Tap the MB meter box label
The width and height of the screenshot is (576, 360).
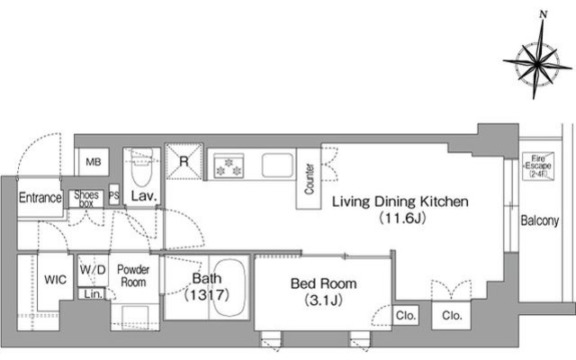coord(94,162)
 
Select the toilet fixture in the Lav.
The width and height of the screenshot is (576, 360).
coord(142,167)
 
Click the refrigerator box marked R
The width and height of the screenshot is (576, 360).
coord(184,161)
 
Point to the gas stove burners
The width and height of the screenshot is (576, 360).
coord(229,166)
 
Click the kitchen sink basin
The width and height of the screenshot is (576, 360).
coord(278,166)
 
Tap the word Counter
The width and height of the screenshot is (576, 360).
coord(310,179)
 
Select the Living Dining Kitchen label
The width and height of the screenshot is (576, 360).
coord(400,202)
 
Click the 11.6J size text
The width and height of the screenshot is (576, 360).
coord(402,219)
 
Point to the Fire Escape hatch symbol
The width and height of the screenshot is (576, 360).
coord(538,166)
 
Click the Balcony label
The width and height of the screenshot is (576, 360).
coord(540,220)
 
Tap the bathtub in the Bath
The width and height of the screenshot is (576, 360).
coord(229,288)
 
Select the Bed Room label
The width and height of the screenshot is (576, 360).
coord(324,283)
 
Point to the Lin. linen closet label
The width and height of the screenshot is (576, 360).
coord(94,294)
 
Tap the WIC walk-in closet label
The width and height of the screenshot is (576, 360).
coord(55,280)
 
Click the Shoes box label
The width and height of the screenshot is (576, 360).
coord(86,199)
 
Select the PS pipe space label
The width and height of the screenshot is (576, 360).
coord(114,196)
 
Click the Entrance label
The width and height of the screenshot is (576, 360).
coord(40,198)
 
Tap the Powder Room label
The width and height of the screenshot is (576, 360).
coord(133,276)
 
